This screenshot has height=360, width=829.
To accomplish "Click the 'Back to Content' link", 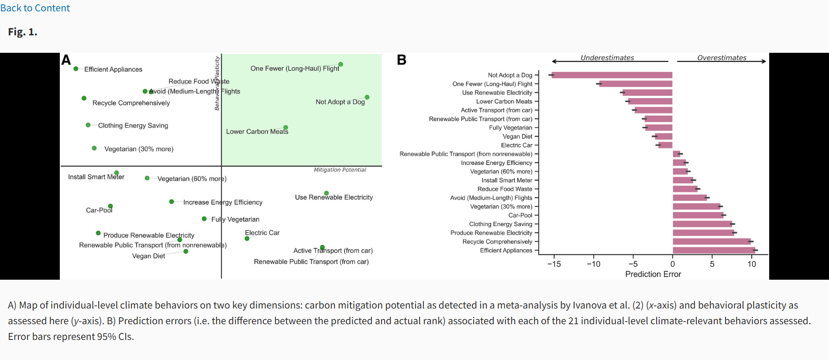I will coord(35,8).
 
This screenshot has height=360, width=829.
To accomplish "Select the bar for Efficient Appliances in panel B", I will coord(714,250).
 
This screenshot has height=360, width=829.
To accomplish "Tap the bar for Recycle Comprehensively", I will coord(712,241).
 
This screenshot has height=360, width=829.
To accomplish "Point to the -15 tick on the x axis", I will coord(554,264).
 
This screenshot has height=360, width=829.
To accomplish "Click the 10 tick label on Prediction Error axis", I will coord(751,264).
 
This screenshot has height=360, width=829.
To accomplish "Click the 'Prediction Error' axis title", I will coord(653,274).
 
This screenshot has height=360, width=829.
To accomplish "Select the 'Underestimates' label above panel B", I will coord(607,58).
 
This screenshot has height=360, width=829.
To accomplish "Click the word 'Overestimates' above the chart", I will coord(721,58).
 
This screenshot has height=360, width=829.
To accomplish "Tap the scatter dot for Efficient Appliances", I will coord(76,69).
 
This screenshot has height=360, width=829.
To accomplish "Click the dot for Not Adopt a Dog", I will coord(367,97).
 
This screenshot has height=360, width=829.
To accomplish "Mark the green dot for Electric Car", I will coord(247,239).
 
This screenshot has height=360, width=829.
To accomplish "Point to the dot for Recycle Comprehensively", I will coord(84,98).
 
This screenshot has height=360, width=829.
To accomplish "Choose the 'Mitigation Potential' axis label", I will coord(340,170).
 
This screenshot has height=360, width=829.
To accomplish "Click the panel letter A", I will coord(66,60).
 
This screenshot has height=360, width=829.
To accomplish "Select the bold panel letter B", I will coord(401,60).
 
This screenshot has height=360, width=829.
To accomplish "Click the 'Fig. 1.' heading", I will coord(23,32).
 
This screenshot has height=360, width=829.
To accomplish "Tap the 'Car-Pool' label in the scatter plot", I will coord(99,210).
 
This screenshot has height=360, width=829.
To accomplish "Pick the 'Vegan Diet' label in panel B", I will coord(517,137).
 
